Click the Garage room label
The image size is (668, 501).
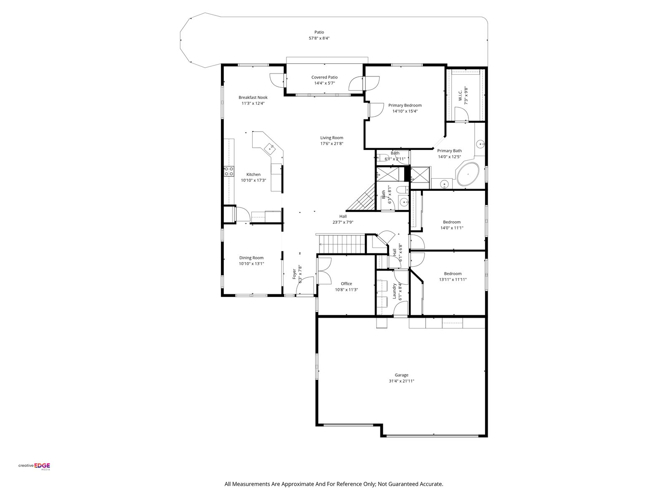[x=401, y=375]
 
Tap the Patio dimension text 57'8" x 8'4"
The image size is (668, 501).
[x=319, y=38]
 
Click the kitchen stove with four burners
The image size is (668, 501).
[x=229, y=171]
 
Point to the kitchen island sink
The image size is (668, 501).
[x=57, y=149]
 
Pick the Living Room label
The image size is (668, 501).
[x=331, y=137]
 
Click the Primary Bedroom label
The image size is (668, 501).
[x=405, y=105]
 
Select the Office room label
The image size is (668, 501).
[x=347, y=283]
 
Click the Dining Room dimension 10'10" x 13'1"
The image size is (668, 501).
[x=251, y=264]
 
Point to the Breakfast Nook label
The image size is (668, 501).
[x=253, y=97]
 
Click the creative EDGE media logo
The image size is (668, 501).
[x=34, y=466]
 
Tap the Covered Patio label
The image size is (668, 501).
[x=324, y=77]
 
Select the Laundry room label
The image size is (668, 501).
[x=395, y=291]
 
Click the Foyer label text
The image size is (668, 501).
[x=294, y=274]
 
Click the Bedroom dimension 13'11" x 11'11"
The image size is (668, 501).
[x=453, y=280]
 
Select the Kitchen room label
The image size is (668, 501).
[x=253, y=174]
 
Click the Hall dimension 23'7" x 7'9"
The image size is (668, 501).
[x=343, y=223]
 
